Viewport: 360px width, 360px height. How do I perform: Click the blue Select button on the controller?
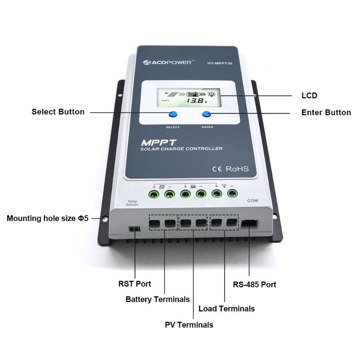click(x=173, y=115)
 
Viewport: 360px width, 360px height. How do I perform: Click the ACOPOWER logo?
click(x=167, y=62)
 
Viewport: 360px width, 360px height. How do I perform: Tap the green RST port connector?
click(x=134, y=229)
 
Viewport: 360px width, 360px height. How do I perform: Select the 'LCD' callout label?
click(x=309, y=95)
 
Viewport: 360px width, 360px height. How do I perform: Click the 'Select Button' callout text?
click(x=58, y=112)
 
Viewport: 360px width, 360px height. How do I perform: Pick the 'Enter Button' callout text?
click(x=326, y=112)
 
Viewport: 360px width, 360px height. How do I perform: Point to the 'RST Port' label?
click(x=135, y=284)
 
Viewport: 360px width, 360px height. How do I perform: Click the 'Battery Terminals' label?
click(x=157, y=299)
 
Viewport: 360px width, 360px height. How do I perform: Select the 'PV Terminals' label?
click(x=189, y=324)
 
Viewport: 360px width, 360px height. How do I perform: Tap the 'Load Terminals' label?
click(x=226, y=309)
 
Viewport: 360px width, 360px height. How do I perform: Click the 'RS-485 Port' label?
click(x=254, y=284)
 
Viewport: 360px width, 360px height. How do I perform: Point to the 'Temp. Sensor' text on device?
click(x=120, y=202)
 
